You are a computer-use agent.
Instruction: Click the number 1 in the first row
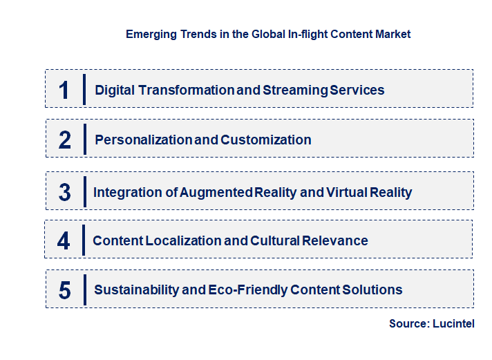[64, 91]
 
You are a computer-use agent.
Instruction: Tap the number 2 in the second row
[64, 140]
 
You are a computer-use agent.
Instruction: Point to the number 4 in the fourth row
[64, 241]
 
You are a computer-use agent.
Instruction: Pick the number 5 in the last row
[64, 290]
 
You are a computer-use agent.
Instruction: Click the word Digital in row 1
[116, 91]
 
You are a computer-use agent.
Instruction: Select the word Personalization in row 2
[143, 140]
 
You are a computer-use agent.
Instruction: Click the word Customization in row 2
[266, 140]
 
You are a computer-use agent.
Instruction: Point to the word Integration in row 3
[124, 193]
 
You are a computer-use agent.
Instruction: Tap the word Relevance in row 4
[334, 241]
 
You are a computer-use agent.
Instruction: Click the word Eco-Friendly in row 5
[247, 290]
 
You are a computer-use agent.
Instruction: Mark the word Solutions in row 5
[373, 290]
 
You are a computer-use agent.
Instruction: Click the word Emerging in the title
[149, 34]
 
